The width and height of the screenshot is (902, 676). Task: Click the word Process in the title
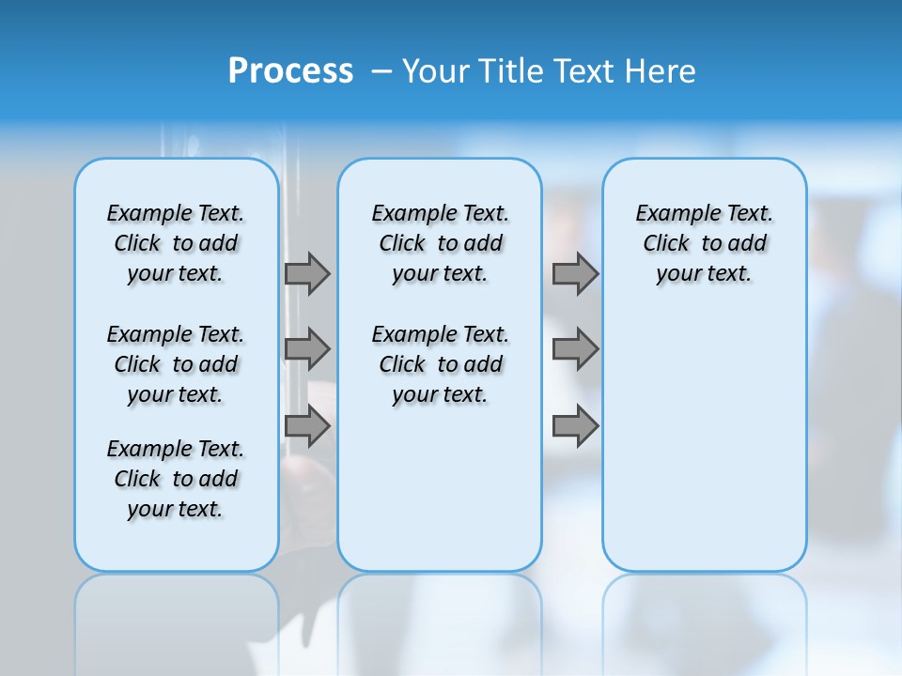(x=290, y=70)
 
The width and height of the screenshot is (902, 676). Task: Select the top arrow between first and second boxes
(x=307, y=274)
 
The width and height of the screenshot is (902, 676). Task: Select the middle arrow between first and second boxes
(x=307, y=349)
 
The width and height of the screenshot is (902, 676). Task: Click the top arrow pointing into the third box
(x=575, y=274)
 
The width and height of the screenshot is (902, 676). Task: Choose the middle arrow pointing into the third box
(x=575, y=349)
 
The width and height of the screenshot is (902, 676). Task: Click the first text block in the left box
(x=176, y=243)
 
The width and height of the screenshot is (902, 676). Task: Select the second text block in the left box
(x=176, y=364)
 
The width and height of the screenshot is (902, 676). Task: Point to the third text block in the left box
(x=176, y=479)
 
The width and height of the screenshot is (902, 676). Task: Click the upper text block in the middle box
(x=440, y=243)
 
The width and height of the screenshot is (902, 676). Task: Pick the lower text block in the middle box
(x=440, y=364)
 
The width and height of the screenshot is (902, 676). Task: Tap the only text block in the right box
(x=705, y=243)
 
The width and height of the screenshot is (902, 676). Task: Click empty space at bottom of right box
(x=705, y=488)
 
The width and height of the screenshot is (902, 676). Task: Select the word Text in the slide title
(x=583, y=70)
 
